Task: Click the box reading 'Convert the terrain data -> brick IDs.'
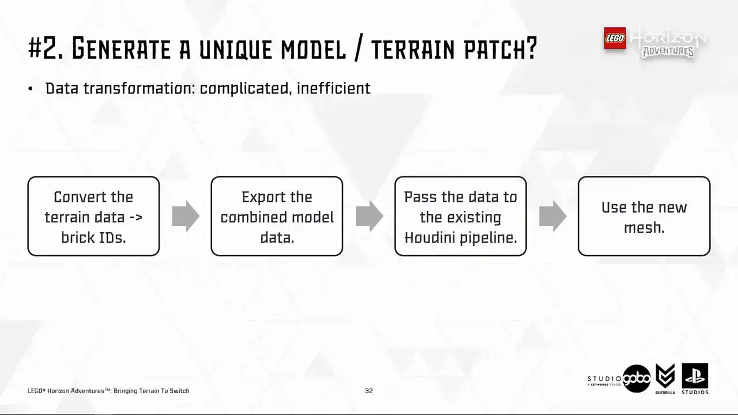click(x=93, y=216)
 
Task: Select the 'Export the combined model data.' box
click(x=277, y=216)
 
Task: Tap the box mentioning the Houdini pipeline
click(x=461, y=216)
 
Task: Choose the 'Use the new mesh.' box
click(x=644, y=216)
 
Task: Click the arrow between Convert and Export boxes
click(x=186, y=216)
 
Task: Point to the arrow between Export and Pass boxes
click(x=370, y=216)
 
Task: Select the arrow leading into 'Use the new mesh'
click(x=553, y=216)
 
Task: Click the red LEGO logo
click(x=615, y=38)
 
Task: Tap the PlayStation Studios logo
click(x=695, y=379)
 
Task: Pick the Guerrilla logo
click(x=665, y=379)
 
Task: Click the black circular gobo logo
click(x=637, y=379)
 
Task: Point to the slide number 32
click(x=369, y=391)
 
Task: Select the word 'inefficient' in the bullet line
click(x=333, y=88)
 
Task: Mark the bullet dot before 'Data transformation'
click(x=31, y=89)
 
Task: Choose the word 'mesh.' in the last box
click(x=644, y=228)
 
